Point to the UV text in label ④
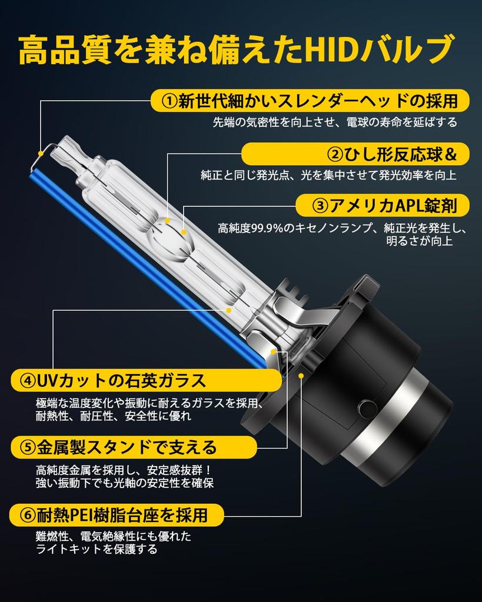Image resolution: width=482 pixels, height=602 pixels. (x=46, y=380)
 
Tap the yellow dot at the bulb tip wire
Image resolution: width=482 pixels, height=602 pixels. (x=41, y=154)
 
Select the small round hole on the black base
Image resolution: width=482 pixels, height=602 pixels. (x=365, y=406)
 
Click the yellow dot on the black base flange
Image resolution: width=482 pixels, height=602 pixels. (x=301, y=374)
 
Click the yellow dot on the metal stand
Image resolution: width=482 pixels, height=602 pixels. (x=274, y=351)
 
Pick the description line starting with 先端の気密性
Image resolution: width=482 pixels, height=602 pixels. (x=334, y=122)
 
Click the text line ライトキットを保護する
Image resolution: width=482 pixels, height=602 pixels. (x=97, y=550)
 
